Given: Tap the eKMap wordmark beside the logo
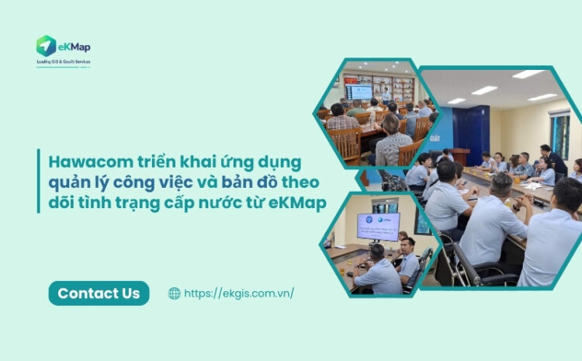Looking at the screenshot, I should tap(74, 47).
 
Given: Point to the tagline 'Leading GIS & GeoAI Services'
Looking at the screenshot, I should tap(63, 61).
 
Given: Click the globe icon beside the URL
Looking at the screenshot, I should tap(174, 293).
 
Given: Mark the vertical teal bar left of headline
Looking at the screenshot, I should tap(38, 182).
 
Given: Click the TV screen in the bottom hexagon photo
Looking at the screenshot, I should tap(378, 224).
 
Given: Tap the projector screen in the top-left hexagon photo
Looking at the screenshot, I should tap(359, 92).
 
